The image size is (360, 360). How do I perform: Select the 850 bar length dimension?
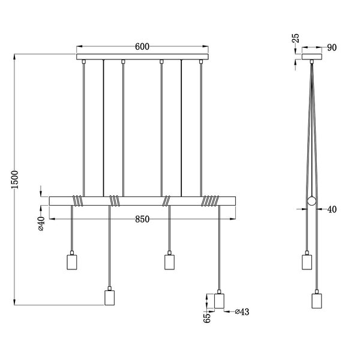pos(142,220)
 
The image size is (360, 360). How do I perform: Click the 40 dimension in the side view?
pos(331,209)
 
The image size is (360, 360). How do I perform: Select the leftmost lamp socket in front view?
pos(71,262)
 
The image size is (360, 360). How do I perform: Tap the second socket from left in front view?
pos(109,298)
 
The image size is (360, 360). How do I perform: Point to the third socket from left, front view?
pos(169,262)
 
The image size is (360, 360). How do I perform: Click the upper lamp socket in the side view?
pos(306,262)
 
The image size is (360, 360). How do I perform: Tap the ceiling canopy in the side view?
pos(312,58)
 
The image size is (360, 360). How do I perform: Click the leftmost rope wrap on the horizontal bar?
pos(77,200)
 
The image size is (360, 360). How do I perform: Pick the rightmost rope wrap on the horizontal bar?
pos(209,200)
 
